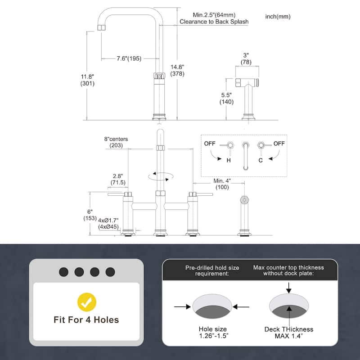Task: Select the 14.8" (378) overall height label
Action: pos(177,70)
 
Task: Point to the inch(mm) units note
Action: pos(278,17)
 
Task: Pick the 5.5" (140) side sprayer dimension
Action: pos(226,99)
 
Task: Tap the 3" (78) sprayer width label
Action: pos(246,58)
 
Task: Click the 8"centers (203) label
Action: pos(116,143)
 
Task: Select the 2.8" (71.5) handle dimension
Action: pos(118,179)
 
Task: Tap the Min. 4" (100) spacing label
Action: pos(222,184)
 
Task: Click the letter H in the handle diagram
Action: pos(229,160)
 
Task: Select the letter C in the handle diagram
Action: pos(261,160)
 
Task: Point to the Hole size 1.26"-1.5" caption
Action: pos(212,333)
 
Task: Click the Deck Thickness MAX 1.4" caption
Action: pos(288,333)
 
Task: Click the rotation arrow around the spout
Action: pos(160,176)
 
